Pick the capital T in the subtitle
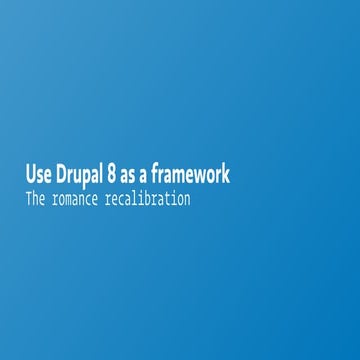pyautogui.click(x=29, y=199)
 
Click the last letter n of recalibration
pyautogui.click(x=186, y=200)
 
